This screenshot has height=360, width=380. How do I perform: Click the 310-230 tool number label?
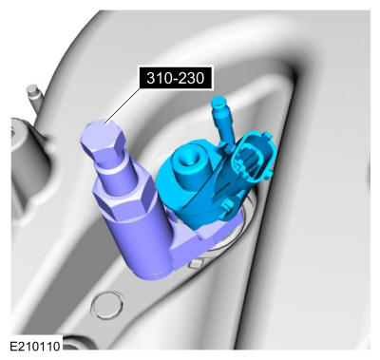[x=175, y=78]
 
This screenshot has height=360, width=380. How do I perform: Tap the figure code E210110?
[x=35, y=346]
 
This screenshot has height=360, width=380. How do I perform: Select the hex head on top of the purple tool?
[x=102, y=140]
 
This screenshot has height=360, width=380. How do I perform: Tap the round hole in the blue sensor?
[x=187, y=159]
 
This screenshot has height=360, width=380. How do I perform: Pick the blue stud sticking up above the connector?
[x=223, y=119]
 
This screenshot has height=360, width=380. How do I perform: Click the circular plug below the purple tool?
[x=106, y=305]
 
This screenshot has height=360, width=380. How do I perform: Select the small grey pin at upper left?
[x=33, y=97]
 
